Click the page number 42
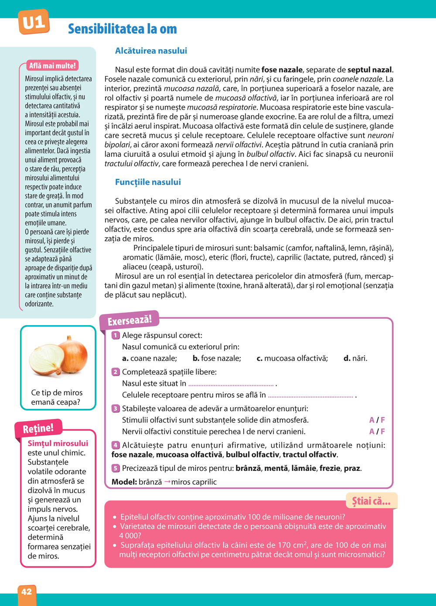pos(27,592)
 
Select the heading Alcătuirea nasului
pos(151,51)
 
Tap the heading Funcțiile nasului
pos(148,182)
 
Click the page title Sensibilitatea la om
pos(123,29)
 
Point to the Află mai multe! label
pos(52,66)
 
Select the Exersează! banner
pos(129,320)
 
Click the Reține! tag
pos(38,428)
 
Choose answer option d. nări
pos(355,358)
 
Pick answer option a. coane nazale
pos(150,358)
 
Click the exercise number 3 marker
pos(116,409)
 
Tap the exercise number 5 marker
pos(116,468)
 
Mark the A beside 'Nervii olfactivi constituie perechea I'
pos(371,432)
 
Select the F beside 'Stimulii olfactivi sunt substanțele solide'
pos(383,420)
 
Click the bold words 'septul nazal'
pos(370,70)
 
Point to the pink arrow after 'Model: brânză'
pos(167,482)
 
